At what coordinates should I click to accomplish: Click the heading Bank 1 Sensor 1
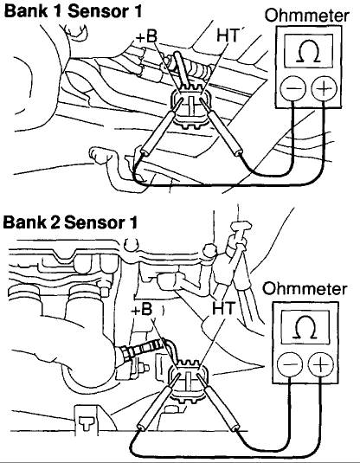click(x=73, y=11)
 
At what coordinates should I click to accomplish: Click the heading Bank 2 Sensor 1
click(x=70, y=222)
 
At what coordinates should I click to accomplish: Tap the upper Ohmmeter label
click(x=307, y=16)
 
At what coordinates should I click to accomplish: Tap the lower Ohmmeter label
click(x=305, y=288)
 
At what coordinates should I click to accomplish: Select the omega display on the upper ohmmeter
click(x=309, y=50)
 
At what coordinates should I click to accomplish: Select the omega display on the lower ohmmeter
click(x=305, y=327)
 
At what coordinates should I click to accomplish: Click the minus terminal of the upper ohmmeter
click(x=292, y=88)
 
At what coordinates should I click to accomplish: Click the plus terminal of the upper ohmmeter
click(x=324, y=88)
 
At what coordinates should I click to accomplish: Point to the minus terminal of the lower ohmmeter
click(x=289, y=364)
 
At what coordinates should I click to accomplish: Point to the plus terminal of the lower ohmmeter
click(x=320, y=364)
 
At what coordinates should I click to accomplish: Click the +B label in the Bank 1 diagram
click(x=146, y=36)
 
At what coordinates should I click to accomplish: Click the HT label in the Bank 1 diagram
click(x=228, y=35)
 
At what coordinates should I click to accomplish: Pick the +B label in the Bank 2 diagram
click(x=142, y=310)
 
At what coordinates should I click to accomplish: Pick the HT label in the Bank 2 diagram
click(x=223, y=308)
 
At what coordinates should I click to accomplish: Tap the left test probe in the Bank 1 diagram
click(x=161, y=126)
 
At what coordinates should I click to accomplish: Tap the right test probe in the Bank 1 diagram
click(x=222, y=127)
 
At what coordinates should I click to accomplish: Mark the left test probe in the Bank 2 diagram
click(x=159, y=402)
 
